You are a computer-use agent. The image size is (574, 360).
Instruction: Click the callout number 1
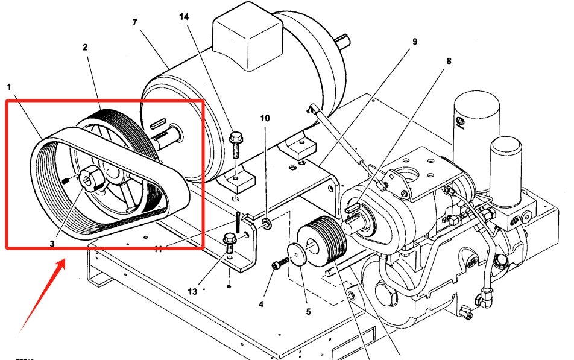point(9,87)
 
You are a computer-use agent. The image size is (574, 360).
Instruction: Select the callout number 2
point(86,47)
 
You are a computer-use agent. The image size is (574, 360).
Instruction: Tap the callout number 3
point(52,244)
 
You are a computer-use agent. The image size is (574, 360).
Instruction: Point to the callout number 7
point(135,22)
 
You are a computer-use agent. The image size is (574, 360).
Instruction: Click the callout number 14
point(183,18)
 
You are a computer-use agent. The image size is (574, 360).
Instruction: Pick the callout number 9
point(415,42)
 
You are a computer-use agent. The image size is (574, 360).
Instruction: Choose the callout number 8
point(448,61)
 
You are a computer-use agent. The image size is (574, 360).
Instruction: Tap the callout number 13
point(192,291)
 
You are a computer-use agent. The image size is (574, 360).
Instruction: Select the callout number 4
point(261,304)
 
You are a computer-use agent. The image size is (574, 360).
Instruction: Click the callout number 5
point(307,312)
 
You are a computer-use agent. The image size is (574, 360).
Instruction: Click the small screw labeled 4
point(278,265)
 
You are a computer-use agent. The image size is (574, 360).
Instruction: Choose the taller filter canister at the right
point(476,130)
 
